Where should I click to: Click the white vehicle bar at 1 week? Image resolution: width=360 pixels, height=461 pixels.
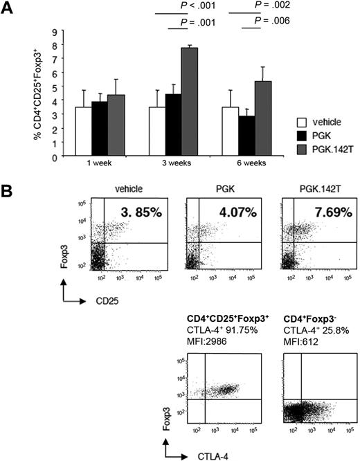click(x=84, y=131)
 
